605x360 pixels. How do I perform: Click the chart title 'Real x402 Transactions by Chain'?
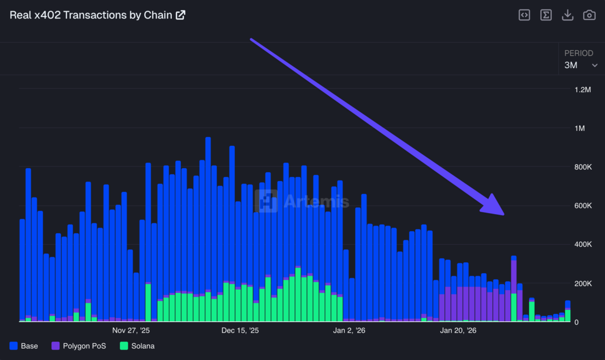91,15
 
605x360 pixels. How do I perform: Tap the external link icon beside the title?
180,15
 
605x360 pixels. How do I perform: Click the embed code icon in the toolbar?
524,15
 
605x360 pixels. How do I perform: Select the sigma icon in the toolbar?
546,15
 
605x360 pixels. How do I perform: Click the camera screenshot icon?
589,15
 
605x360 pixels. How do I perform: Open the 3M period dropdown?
581,65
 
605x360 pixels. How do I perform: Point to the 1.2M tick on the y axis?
582,89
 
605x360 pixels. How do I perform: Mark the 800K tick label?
582,167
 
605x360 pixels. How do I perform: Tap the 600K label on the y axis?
582,206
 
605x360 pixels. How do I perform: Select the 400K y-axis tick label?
582,245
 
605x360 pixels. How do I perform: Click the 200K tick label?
582,283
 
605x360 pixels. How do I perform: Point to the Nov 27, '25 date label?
131,330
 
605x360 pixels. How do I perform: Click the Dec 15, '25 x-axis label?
240,330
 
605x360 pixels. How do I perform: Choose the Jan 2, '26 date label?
350,330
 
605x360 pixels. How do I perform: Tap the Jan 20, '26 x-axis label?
459,330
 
